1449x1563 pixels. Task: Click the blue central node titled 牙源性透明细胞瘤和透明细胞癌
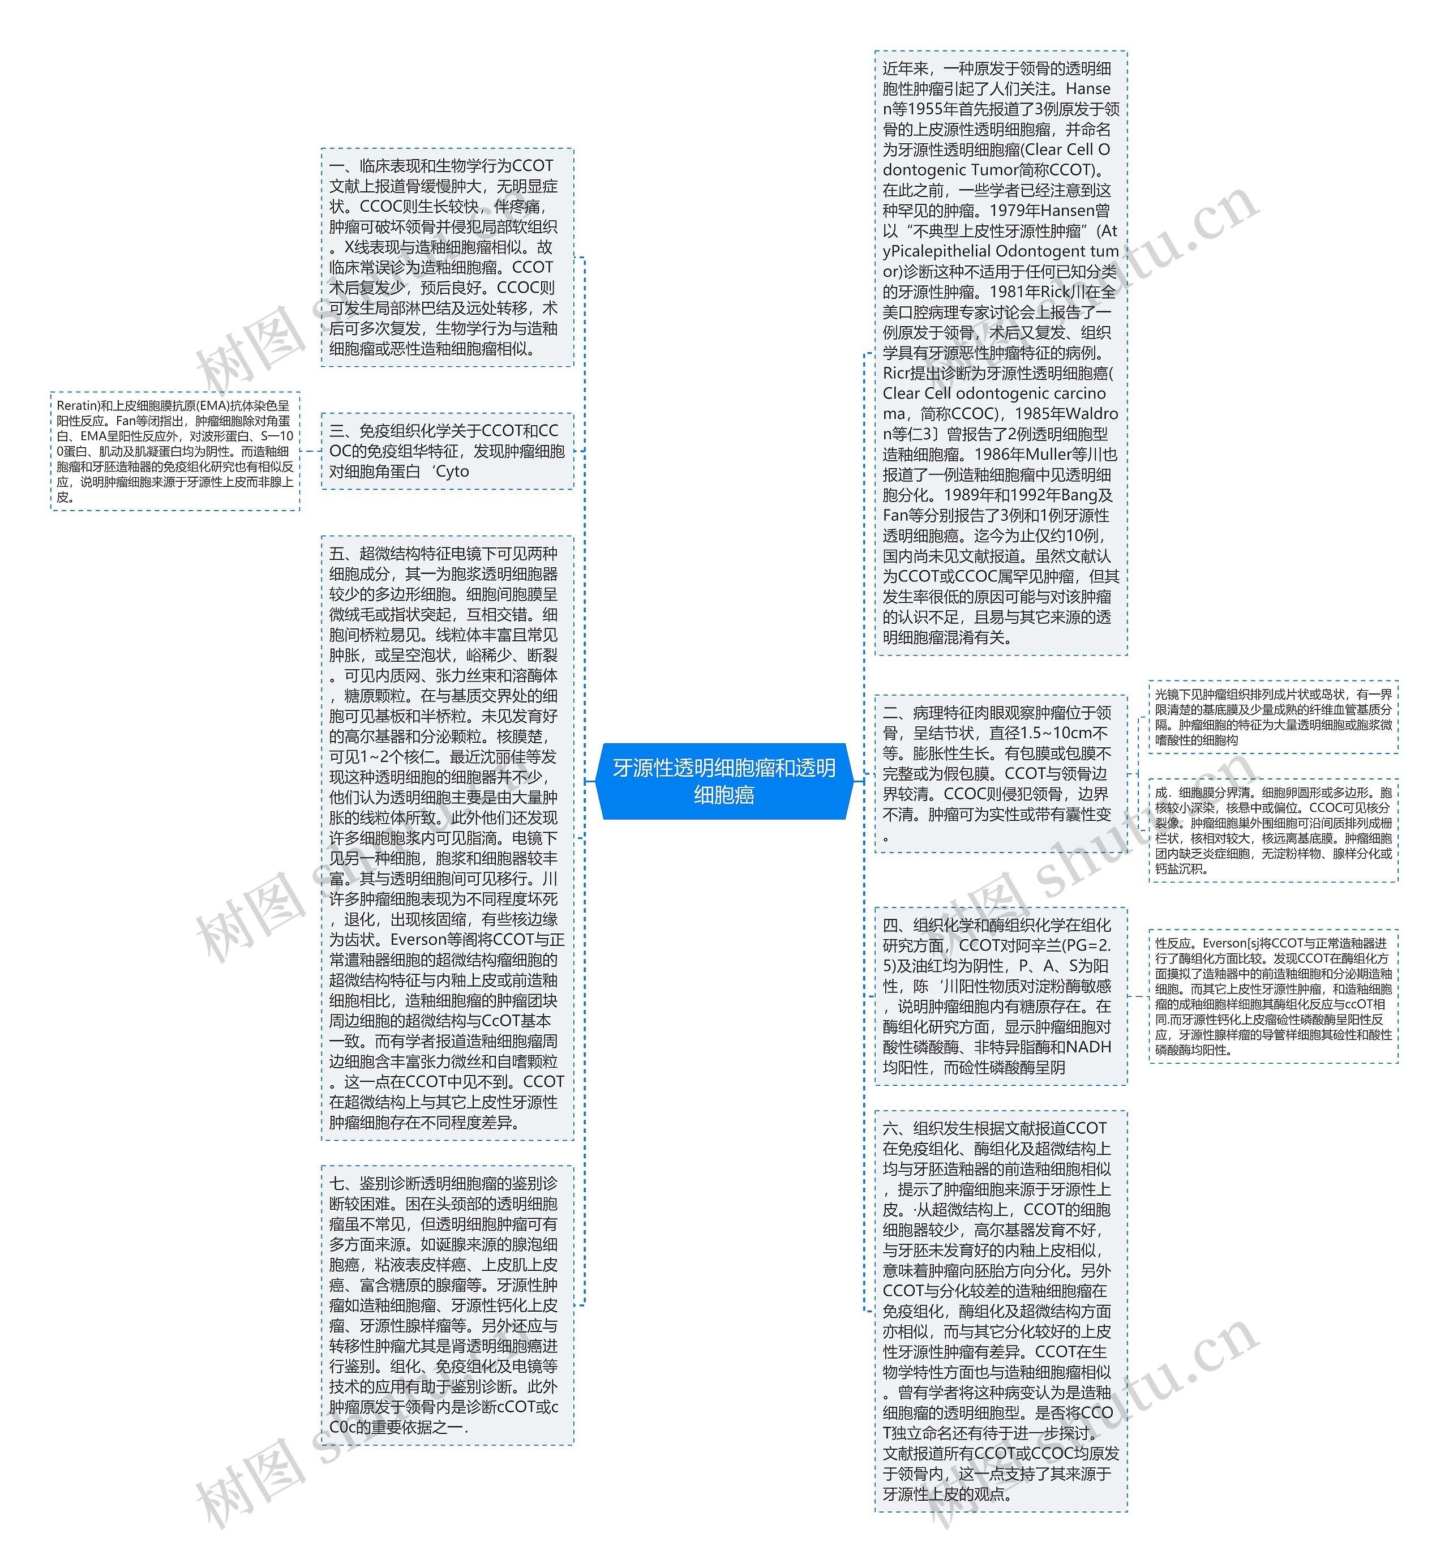[724, 781]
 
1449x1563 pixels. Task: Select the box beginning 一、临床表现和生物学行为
[447, 256]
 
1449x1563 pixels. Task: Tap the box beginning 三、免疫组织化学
[447, 451]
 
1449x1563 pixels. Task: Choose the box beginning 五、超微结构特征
[447, 838]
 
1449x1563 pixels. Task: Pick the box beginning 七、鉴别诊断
[447, 1305]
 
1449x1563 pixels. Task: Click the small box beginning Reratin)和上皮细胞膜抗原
[175, 451]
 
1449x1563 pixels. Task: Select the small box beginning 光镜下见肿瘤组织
[1272, 717]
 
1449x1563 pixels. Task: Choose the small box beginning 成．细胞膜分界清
[1272, 830]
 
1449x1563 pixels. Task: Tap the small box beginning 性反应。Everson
[1272, 996]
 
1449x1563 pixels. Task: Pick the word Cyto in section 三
[452, 472]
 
